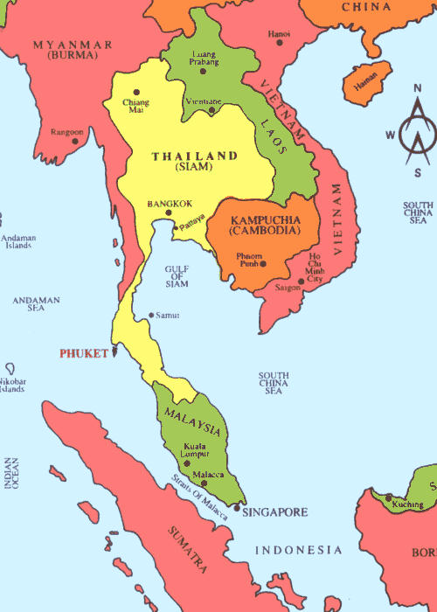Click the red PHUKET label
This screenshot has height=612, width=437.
click(x=82, y=354)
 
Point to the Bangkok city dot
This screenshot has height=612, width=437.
click(x=169, y=212)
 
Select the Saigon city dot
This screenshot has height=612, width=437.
click(x=300, y=282)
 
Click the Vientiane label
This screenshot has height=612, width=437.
click(x=203, y=102)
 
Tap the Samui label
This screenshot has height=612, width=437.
click(x=166, y=315)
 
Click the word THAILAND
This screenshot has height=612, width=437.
click(x=195, y=156)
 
